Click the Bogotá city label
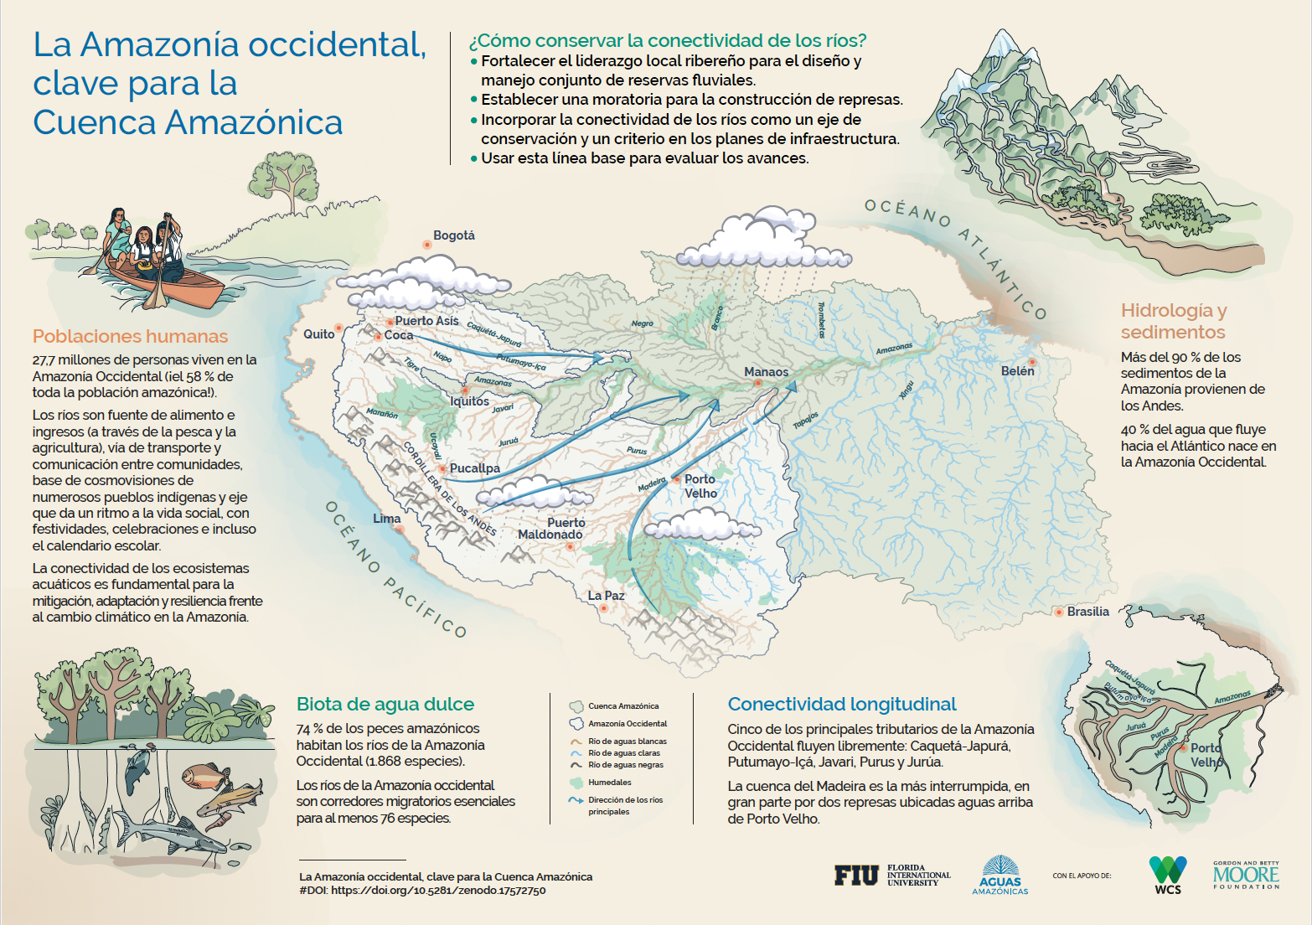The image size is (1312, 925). click(453, 235)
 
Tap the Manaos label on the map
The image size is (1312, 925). click(766, 372)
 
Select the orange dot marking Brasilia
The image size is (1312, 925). click(1059, 612)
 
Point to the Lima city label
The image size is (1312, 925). click(386, 519)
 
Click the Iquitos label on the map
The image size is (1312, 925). click(469, 401)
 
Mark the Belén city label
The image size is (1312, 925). click(1017, 370)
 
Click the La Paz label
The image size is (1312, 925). click(606, 596)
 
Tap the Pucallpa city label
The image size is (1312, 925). click(474, 468)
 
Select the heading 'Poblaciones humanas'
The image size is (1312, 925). click(130, 336)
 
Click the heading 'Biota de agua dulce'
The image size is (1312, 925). click(385, 704)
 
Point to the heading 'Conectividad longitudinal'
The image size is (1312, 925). click(841, 704)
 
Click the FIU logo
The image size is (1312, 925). click(855, 876)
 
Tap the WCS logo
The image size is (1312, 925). click(1167, 874)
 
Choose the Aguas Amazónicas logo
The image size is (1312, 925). click(999, 876)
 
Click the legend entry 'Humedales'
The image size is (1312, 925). click(609, 783)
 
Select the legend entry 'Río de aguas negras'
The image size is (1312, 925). click(625, 765)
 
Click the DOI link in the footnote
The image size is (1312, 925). click(438, 891)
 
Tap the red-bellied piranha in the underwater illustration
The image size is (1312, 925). click(204, 775)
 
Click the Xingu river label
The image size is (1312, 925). click(907, 390)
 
